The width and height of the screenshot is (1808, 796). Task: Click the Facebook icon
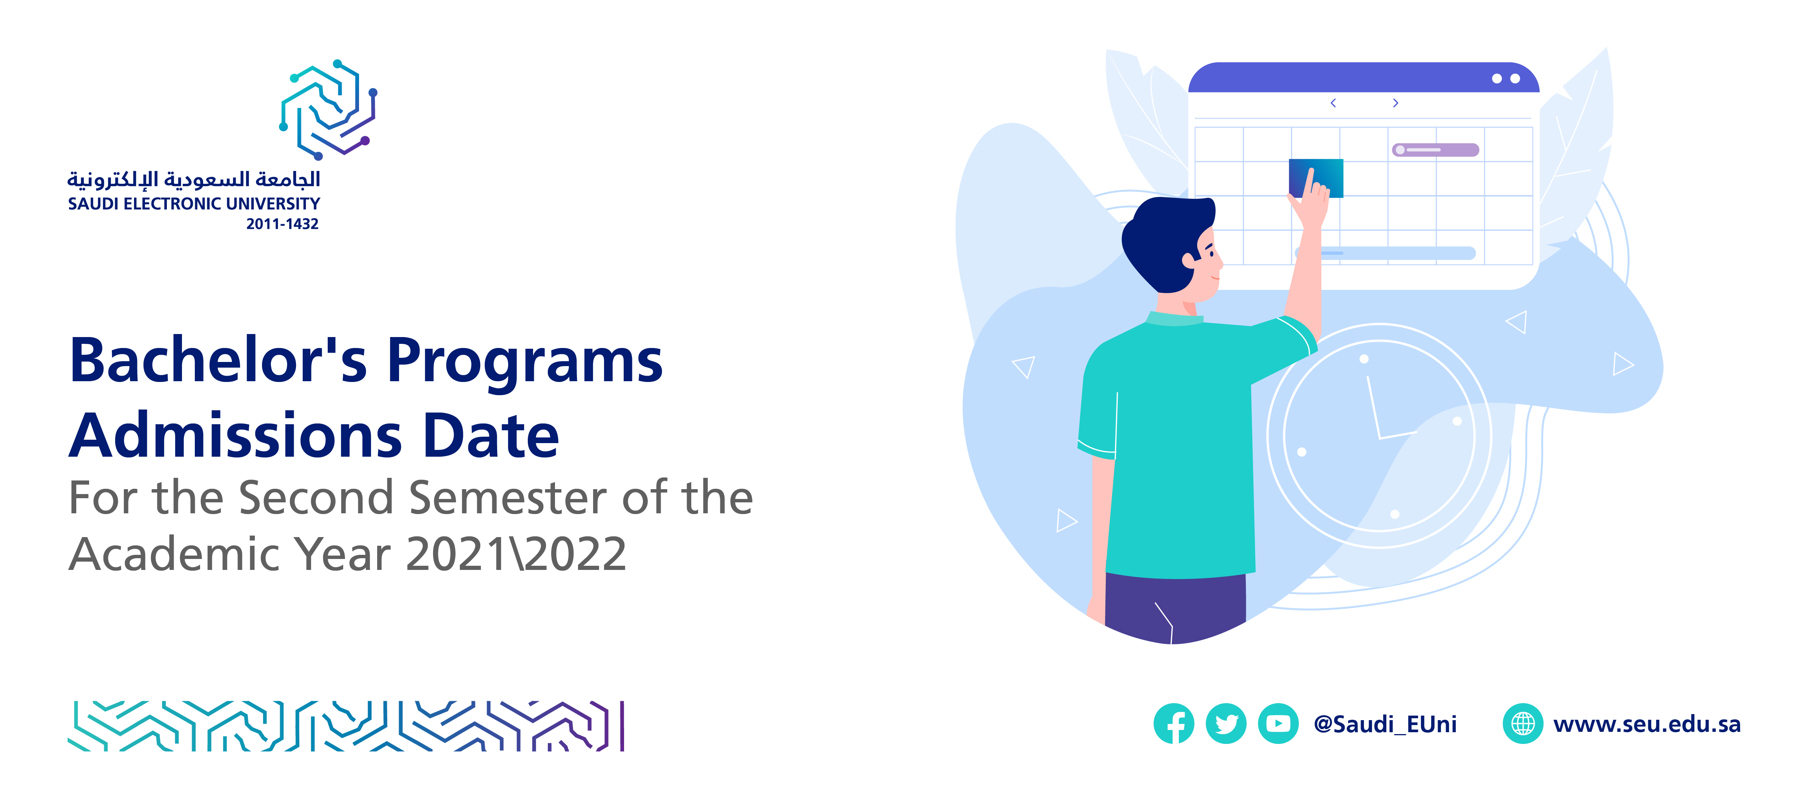tap(1173, 723)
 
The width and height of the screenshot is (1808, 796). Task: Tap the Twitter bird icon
tap(1226, 723)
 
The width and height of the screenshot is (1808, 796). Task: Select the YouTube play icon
tap(1278, 723)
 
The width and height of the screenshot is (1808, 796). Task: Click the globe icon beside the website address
tap(1522, 723)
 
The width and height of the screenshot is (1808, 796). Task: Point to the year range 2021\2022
tap(516, 554)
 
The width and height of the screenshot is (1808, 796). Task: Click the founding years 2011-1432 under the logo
tap(282, 224)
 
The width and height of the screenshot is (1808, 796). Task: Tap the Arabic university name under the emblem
tap(194, 180)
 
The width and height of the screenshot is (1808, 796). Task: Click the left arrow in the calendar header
tap(1333, 103)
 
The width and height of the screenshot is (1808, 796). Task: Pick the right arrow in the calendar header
tap(1395, 103)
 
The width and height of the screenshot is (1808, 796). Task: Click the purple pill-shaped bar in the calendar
tap(1435, 149)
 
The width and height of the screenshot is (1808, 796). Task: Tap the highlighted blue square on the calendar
tap(1316, 178)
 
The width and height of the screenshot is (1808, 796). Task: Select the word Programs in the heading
tap(524, 362)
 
